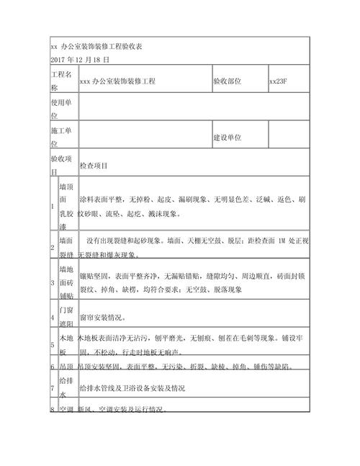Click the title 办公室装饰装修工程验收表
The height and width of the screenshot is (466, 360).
click(x=96, y=47)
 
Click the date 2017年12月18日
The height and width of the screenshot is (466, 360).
click(x=80, y=59)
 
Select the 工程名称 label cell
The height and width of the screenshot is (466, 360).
click(x=61, y=81)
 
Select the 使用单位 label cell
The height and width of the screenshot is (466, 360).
click(x=61, y=109)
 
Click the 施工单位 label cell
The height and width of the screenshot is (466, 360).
click(x=61, y=136)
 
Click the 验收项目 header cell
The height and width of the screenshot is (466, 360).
click(x=61, y=164)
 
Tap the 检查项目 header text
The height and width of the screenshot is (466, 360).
click(x=94, y=166)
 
